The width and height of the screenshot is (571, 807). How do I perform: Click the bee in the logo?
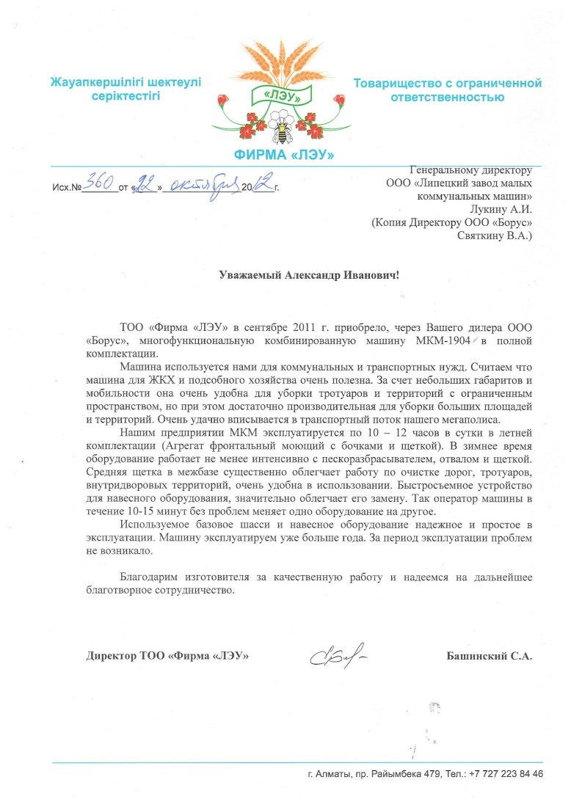[283, 129]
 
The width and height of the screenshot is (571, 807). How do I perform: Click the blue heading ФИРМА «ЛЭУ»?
[284, 156]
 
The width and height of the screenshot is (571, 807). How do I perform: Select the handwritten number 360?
[100, 182]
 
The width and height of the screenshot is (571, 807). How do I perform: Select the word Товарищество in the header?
[399, 83]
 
